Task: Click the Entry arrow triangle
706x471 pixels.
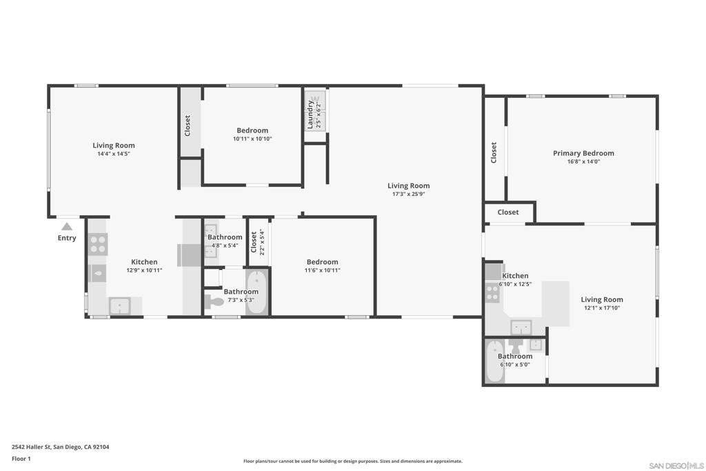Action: click(67, 226)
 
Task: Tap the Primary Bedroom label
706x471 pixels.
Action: click(583, 153)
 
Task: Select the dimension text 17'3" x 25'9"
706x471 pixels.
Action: click(408, 194)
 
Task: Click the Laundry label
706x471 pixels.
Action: click(310, 114)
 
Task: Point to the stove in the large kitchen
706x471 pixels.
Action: click(98, 244)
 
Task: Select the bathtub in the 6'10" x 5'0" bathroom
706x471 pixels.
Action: click(495, 361)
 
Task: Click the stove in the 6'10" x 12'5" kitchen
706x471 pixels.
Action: click(492, 292)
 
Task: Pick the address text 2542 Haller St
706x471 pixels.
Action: click(31, 447)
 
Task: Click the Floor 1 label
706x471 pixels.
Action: click(21, 459)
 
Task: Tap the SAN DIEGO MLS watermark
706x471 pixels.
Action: click(676, 465)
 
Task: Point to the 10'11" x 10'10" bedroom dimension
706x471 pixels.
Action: click(252, 139)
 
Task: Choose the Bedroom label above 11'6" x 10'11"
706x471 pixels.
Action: click(323, 262)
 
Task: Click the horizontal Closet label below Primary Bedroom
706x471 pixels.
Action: click(508, 212)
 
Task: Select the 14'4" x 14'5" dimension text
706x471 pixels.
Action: click(114, 154)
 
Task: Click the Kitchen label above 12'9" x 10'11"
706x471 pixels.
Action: click(144, 262)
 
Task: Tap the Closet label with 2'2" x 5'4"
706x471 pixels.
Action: click(254, 242)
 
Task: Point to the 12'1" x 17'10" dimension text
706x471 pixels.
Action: click(602, 308)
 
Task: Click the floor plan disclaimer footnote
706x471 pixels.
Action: click(353, 461)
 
